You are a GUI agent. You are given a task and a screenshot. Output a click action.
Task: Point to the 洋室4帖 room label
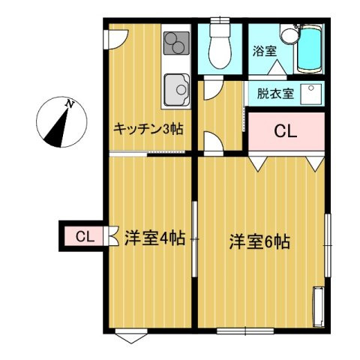point(155,239)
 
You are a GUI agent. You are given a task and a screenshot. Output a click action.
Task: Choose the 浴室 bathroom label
point(264,52)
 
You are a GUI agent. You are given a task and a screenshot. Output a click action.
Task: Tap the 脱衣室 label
point(276,94)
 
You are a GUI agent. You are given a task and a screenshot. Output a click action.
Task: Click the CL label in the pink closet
point(285,132)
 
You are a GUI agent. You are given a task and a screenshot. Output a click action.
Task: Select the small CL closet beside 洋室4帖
point(84,238)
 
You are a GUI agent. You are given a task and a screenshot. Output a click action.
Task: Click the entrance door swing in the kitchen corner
point(115,37)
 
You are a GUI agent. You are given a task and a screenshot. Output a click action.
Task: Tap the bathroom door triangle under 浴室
point(277,68)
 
